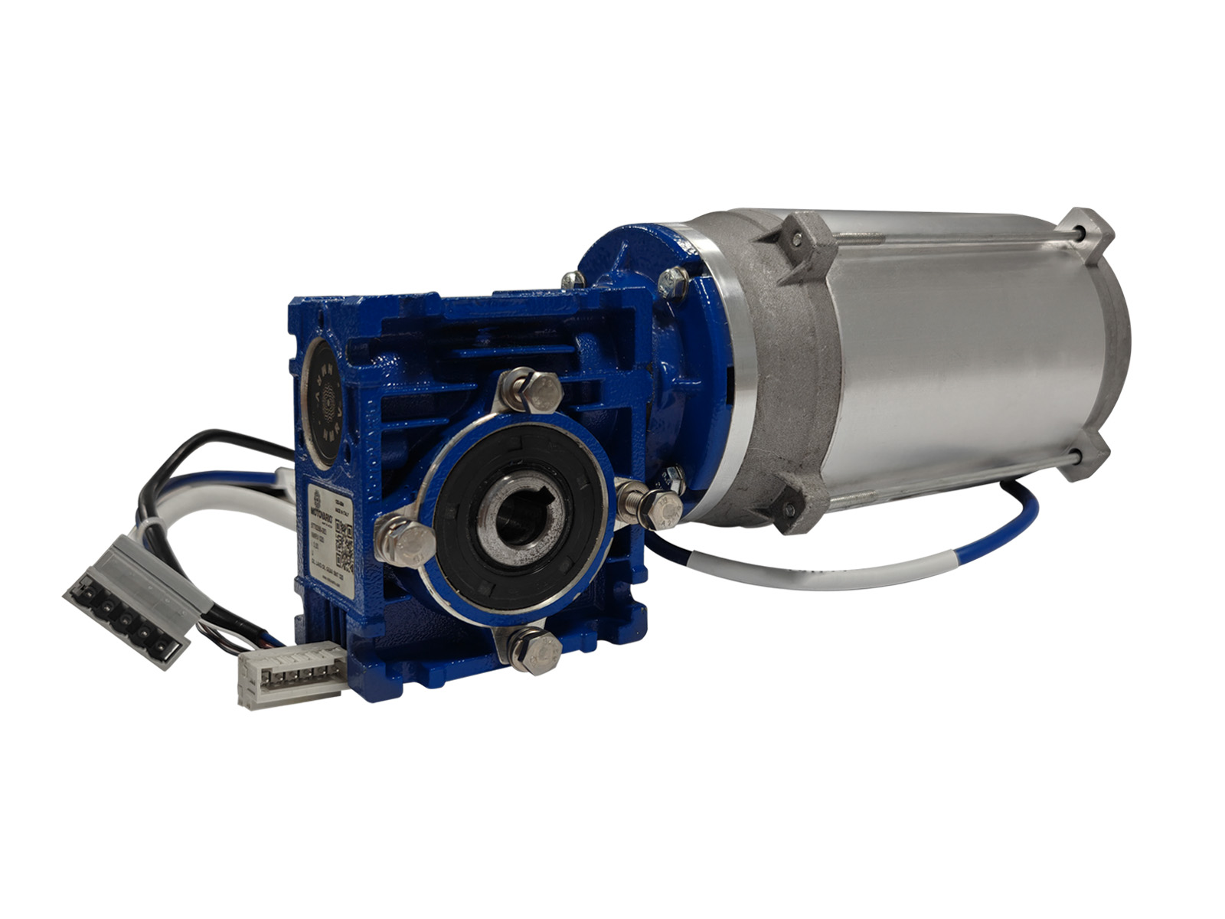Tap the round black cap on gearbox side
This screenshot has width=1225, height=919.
326,401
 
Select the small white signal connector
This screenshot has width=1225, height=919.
291,674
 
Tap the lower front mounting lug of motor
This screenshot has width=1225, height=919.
789,509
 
